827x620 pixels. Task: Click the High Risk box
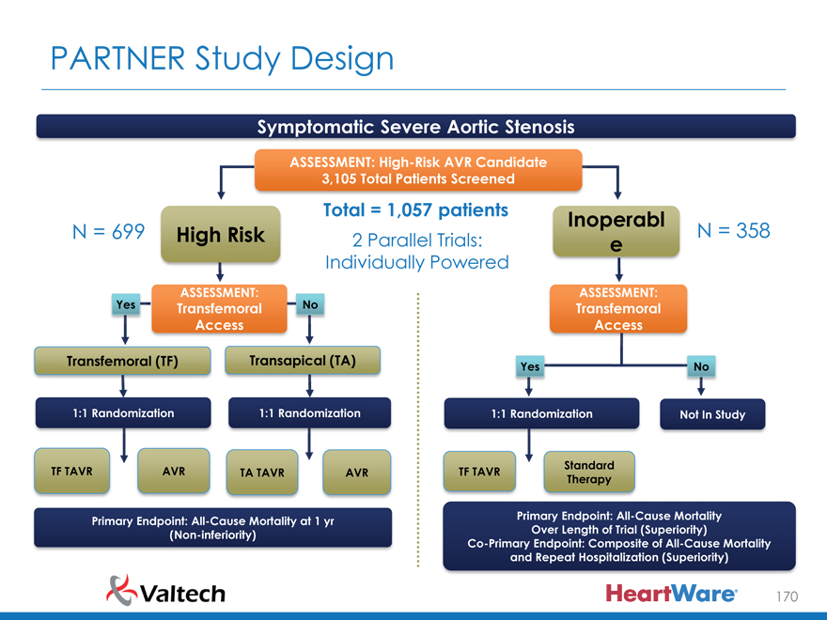click(220, 233)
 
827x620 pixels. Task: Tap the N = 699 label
click(108, 232)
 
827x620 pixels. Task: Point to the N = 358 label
click(733, 230)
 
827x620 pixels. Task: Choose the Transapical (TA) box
click(302, 361)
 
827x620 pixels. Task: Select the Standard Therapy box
click(589, 472)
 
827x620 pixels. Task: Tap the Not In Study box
click(712, 414)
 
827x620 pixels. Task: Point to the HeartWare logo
click(670, 594)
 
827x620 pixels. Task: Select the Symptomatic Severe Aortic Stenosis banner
click(415, 126)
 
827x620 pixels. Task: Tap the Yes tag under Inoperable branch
click(530, 366)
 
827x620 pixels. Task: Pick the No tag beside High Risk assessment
click(308, 304)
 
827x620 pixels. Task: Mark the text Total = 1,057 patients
click(415, 209)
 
